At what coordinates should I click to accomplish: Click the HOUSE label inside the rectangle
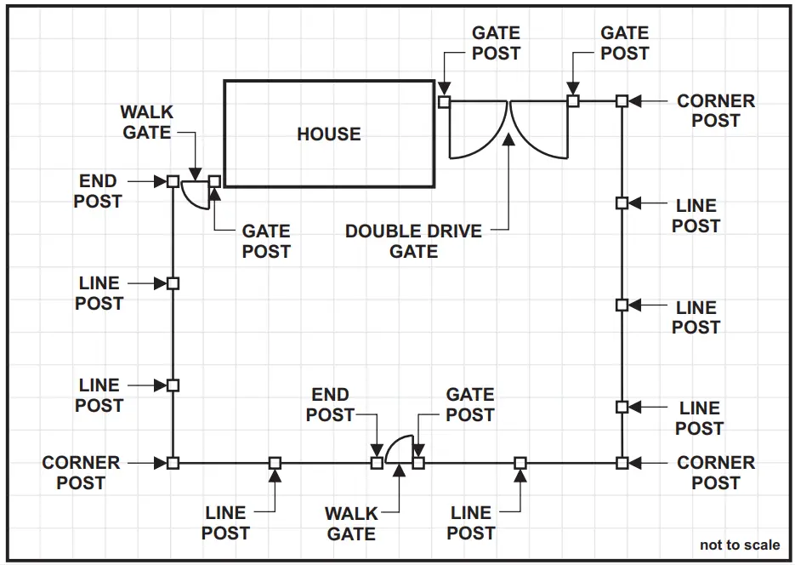328,134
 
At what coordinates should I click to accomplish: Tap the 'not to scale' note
739,545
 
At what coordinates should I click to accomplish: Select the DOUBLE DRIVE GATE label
413,241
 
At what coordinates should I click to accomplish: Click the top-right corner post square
622,100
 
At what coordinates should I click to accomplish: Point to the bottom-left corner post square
173,463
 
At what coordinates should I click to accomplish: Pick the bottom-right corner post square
622,463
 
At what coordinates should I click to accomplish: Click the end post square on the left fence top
173,181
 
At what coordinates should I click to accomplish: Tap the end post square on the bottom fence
377,463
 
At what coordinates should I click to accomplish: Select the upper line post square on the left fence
173,283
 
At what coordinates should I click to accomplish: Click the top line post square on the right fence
622,203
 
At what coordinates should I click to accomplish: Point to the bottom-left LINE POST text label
226,522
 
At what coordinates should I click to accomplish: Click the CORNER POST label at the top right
715,111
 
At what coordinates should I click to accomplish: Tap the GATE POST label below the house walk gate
266,241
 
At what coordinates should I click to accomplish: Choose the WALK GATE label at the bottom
351,523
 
